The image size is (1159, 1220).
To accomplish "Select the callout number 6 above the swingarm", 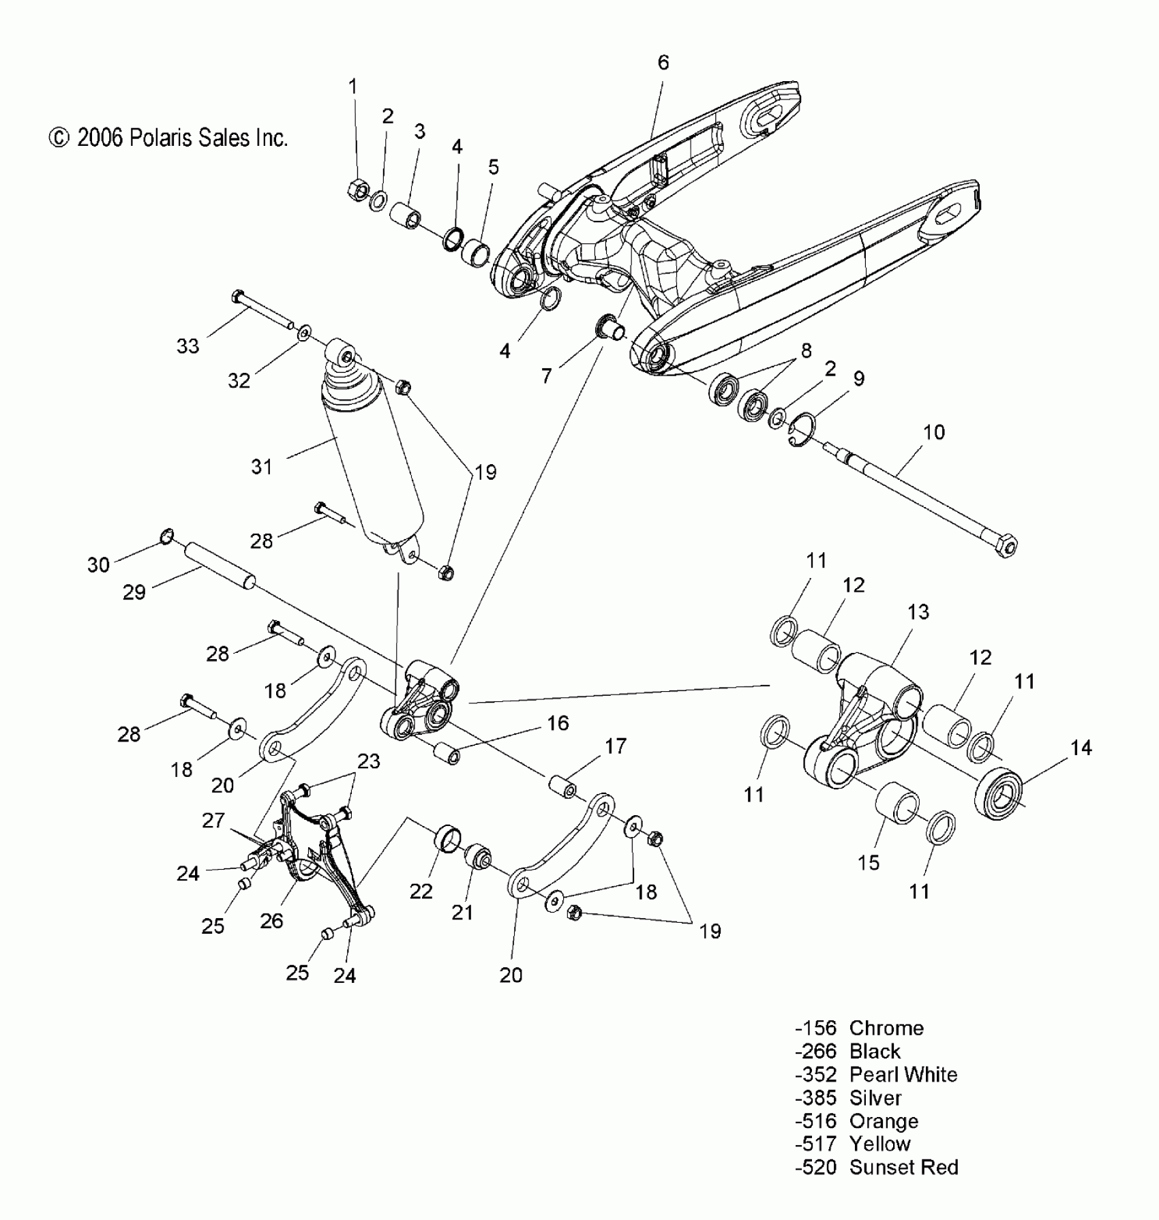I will tap(663, 63).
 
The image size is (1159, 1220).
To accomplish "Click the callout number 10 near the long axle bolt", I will tap(933, 432).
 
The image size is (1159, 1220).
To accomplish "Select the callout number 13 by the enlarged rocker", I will tap(918, 612).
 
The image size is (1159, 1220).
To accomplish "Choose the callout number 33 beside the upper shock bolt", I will tap(187, 346).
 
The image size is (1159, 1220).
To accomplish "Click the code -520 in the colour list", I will tap(815, 1167).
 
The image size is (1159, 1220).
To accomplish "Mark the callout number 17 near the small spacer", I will tap(615, 746).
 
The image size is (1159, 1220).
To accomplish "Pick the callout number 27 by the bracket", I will tap(213, 820).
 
